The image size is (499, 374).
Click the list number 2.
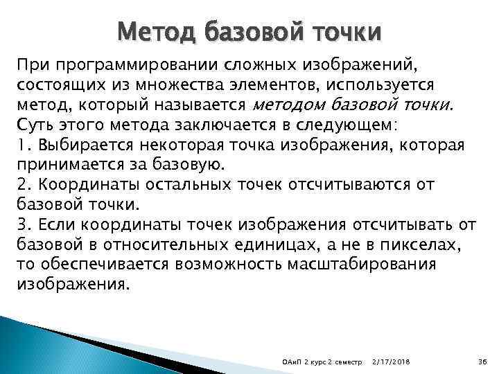[20, 186]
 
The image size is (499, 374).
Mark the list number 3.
[20, 225]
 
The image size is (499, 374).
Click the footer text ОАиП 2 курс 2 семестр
[324, 360]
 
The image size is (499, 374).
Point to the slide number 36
[483, 360]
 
